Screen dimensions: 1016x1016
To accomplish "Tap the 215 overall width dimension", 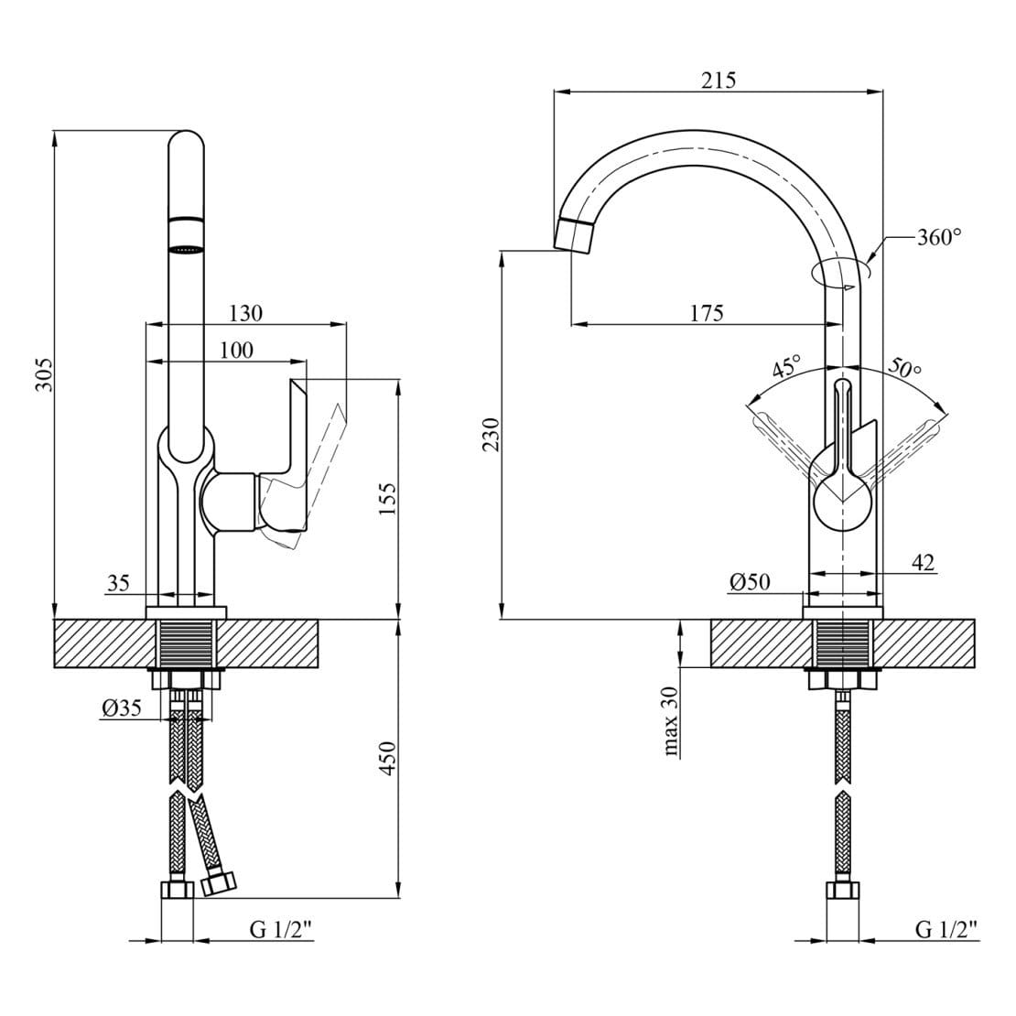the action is point(719,80).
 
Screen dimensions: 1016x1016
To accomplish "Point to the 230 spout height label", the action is point(492,434).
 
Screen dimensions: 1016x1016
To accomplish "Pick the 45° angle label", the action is point(787,366).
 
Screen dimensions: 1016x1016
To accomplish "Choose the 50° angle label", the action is point(904,367).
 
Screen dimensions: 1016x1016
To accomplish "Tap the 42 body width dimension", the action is point(924,562).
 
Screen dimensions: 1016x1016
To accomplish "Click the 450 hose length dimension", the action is point(387,758).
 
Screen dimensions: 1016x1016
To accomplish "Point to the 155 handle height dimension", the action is point(387,498).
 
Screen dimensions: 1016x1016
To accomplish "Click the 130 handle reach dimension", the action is point(246,313).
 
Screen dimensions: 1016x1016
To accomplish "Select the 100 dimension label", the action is point(236,350).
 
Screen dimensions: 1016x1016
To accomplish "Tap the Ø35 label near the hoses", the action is point(121,708).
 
